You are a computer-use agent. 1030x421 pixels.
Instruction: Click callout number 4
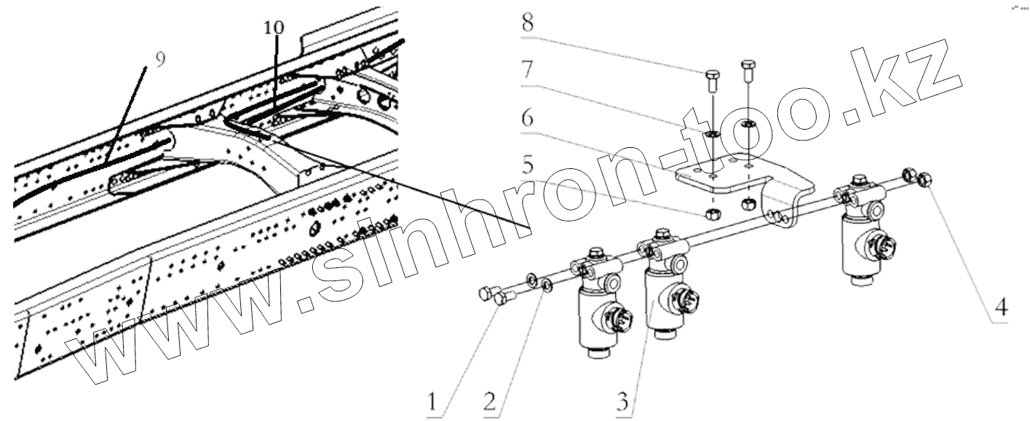(x=1002, y=308)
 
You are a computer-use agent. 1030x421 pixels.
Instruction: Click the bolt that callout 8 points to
(x=713, y=76)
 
